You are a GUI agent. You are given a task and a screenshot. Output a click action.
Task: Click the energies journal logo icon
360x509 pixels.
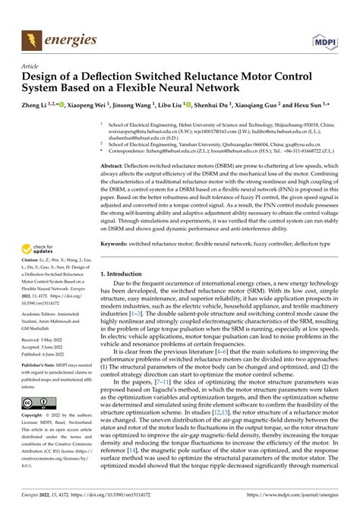point(33,37)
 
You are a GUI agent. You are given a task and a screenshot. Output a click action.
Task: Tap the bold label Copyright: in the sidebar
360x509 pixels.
point(34,416)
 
